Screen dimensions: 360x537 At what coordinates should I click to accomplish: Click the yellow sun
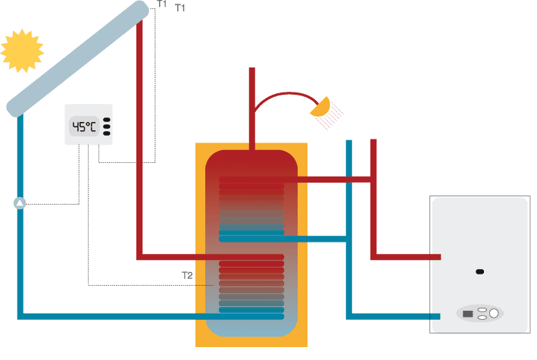pyautogui.click(x=23, y=50)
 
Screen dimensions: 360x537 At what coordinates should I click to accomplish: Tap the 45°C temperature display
pyautogui.click(x=84, y=127)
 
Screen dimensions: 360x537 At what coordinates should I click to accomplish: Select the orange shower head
pyautogui.click(x=321, y=107)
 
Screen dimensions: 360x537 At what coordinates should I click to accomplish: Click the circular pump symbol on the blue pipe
pyautogui.click(x=20, y=203)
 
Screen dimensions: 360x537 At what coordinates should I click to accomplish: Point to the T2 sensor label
pyautogui.click(x=187, y=274)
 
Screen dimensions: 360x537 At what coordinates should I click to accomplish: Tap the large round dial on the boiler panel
pyautogui.click(x=494, y=313)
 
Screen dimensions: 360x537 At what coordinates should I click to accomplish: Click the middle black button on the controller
pyautogui.click(x=107, y=127)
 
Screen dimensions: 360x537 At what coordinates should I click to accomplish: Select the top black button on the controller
pyautogui.click(x=107, y=120)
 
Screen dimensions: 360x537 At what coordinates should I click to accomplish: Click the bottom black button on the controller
pyautogui.click(x=107, y=133)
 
